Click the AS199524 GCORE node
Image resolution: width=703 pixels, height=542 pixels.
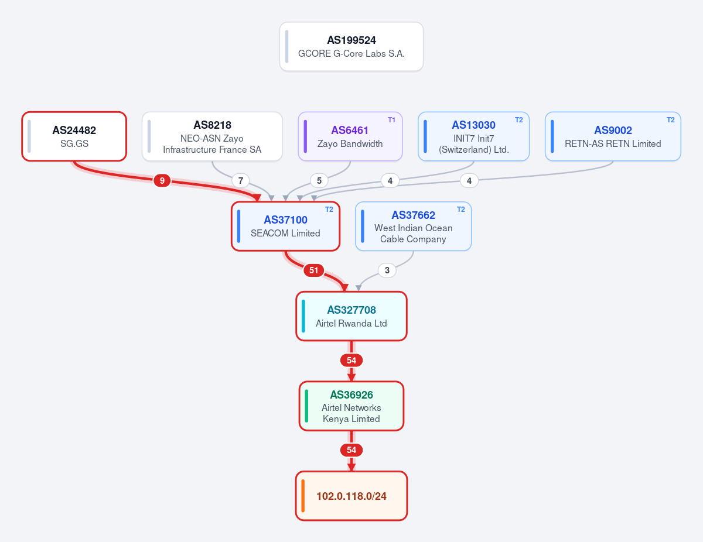click(351, 47)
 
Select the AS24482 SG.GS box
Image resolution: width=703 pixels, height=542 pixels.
click(74, 136)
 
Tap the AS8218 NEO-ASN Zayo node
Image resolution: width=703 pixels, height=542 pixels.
click(212, 136)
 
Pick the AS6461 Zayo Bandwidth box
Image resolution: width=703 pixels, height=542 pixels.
click(350, 136)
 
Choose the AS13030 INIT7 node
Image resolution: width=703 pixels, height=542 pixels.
click(473, 136)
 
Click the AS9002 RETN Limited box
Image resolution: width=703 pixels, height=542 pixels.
click(613, 136)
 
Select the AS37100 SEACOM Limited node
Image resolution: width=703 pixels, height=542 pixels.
click(285, 227)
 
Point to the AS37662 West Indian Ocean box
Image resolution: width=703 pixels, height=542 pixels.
click(414, 227)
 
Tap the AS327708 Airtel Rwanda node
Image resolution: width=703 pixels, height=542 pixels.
click(351, 316)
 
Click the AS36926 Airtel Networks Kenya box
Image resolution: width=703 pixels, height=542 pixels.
click(351, 406)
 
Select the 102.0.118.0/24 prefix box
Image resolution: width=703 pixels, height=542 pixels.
click(351, 496)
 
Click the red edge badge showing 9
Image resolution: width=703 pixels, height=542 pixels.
click(162, 181)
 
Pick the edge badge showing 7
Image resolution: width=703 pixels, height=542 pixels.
click(241, 181)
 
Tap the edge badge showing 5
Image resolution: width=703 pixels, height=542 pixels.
click(319, 181)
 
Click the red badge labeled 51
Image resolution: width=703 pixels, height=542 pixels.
click(313, 270)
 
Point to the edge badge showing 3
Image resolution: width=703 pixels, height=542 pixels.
click(387, 270)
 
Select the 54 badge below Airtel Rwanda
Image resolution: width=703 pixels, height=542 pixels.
click(351, 361)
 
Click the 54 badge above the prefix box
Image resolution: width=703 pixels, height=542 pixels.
click(351, 450)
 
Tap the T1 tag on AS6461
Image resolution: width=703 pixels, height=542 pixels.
click(391, 120)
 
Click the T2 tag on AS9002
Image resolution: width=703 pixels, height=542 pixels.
click(671, 120)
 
